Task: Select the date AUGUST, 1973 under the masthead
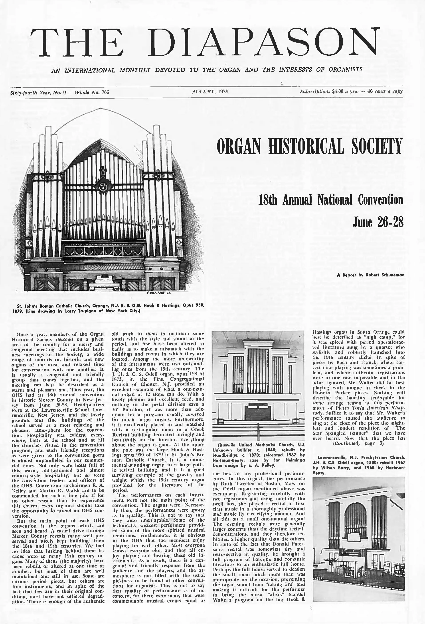point(210,92)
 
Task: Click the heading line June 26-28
point(378,222)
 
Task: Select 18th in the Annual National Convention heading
point(267,200)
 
